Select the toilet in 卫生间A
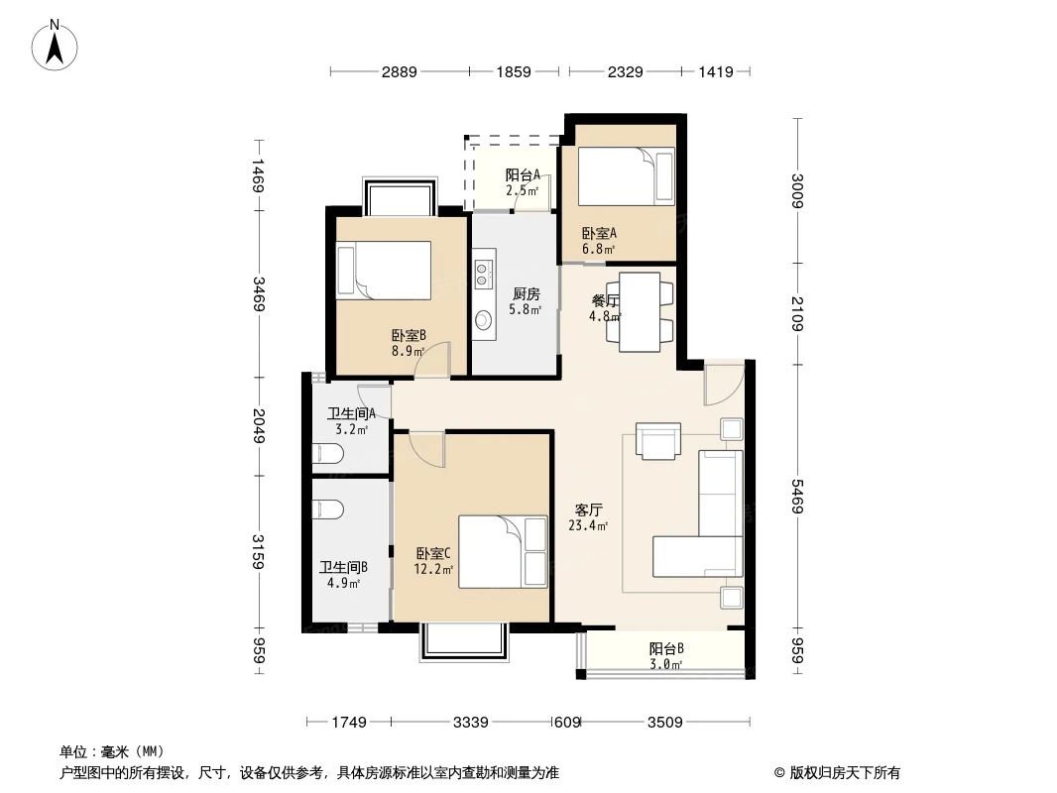point(327,455)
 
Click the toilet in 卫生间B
point(327,510)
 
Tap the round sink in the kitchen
point(484,320)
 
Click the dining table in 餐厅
point(640,311)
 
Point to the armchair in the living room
point(658,441)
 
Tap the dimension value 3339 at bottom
point(472,723)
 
